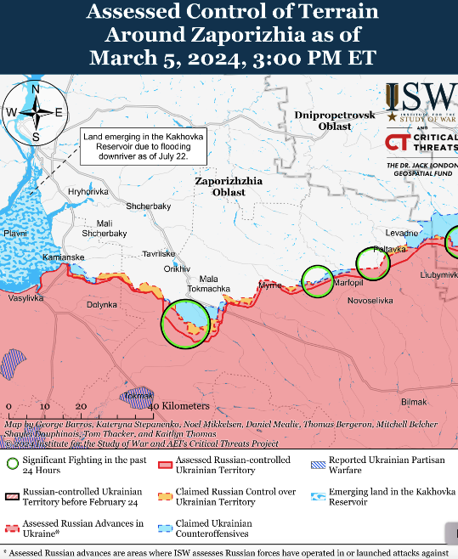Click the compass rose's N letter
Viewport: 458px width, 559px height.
pyautogui.click(x=35, y=89)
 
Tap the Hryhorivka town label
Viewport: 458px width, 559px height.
pyautogui.click(x=89, y=192)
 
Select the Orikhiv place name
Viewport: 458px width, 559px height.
pyautogui.click(x=177, y=268)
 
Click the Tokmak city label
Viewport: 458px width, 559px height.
pyautogui.click(x=139, y=396)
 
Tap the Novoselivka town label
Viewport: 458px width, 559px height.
pyautogui.click(x=370, y=301)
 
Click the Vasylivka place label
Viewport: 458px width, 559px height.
pyautogui.click(x=25, y=298)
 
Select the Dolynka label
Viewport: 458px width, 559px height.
pyautogui.click(x=102, y=303)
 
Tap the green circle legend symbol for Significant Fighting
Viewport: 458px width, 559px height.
pyautogui.click(x=12, y=464)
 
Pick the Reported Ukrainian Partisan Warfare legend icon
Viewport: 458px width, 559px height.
pyautogui.click(x=318, y=464)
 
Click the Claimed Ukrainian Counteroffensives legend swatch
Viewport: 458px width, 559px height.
pyautogui.click(x=165, y=528)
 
